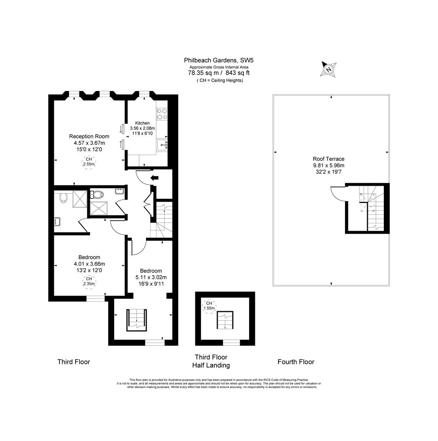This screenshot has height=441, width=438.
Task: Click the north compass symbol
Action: (x=329, y=69)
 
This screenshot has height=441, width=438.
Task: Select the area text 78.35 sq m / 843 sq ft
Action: (x=219, y=73)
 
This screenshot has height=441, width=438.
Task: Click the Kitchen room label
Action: (x=142, y=123)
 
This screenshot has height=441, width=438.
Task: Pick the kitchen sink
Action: (x=162, y=144)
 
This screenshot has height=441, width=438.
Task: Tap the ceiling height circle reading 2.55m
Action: (x=89, y=162)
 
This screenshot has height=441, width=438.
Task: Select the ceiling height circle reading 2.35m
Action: (x=89, y=281)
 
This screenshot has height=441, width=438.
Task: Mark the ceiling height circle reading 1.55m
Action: (x=209, y=306)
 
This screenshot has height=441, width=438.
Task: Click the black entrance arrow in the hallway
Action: (x=155, y=178)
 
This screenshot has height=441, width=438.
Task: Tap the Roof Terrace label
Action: (x=328, y=159)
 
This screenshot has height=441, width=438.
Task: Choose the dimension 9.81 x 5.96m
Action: (x=328, y=165)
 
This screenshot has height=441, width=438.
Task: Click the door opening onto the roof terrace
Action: (x=338, y=194)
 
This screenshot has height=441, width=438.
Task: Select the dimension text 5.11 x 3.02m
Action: (x=151, y=277)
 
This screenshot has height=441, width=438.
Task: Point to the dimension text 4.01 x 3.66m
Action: (x=89, y=264)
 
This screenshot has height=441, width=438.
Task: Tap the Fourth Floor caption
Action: (x=296, y=362)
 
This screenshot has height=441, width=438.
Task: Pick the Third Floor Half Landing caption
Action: (x=211, y=361)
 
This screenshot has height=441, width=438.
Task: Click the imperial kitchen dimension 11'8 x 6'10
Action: (x=142, y=134)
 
